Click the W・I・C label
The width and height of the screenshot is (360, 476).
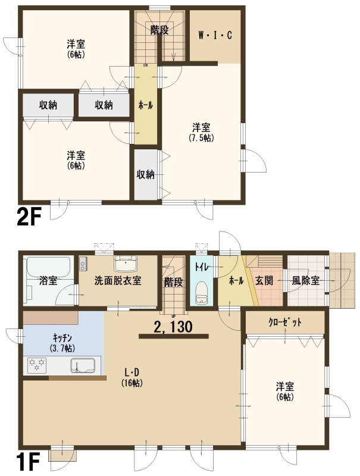(x=215, y=36)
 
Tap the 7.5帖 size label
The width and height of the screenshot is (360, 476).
(x=201, y=138)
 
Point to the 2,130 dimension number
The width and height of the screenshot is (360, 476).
(x=173, y=327)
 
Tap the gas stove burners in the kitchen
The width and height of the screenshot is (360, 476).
(x=37, y=365)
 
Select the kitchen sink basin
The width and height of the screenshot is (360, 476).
(x=83, y=365)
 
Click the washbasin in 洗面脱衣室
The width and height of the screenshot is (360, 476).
(x=126, y=263)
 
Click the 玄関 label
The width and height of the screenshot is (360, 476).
(x=264, y=280)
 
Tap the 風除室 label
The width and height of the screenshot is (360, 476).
(x=306, y=280)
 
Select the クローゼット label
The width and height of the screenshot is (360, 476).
(x=285, y=322)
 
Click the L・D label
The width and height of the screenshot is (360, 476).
(x=132, y=372)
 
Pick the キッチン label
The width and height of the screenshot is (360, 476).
(x=62, y=337)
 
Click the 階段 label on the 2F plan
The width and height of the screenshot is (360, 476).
(x=159, y=30)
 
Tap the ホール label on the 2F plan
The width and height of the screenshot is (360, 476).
(x=146, y=105)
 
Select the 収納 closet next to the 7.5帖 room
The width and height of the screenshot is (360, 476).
(x=146, y=174)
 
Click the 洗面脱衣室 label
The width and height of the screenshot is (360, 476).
(x=117, y=280)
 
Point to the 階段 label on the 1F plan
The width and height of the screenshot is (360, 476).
(x=173, y=282)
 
